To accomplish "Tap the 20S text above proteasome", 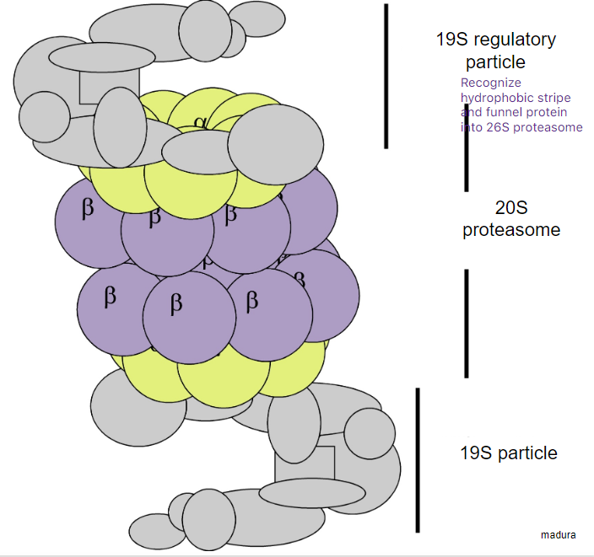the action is click(511, 207).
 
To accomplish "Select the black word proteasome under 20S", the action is click(511, 229).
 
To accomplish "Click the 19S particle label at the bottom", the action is click(508, 453).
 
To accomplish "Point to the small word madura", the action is click(558, 534).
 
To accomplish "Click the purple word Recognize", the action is click(491, 83).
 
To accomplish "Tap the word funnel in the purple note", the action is click(504, 112).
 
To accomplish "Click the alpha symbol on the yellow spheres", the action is click(200, 122).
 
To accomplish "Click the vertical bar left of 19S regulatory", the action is click(386, 76).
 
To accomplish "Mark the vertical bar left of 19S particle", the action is click(418, 460).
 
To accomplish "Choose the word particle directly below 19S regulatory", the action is click(495, 62).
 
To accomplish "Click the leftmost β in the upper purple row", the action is click(88, 209).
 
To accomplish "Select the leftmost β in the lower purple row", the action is click(110, 296).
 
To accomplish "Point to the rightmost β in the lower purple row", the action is click(251, 302).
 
